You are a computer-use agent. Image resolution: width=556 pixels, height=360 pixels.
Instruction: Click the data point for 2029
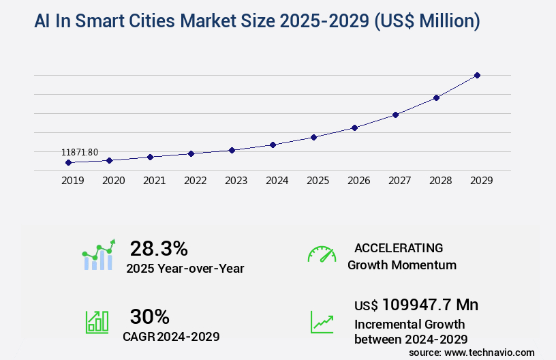(x=477, y=75)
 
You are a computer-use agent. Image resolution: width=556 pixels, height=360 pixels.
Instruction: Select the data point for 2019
(x=68, y=162)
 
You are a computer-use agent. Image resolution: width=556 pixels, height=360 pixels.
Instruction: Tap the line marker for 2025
(x=313, y=137)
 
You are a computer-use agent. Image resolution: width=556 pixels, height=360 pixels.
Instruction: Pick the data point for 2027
(x=395, y=115)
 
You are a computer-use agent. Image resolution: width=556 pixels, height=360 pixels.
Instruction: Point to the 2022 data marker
(x=191, y=153)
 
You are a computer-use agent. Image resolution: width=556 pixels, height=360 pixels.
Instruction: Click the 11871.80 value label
(x=80, y=151)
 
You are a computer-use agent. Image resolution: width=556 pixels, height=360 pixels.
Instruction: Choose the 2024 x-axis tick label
(x=277, y=181)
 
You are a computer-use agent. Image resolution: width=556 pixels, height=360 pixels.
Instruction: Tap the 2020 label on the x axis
(x=113, y=181)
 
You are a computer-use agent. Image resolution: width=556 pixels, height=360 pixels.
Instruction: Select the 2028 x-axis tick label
(x=440, y=181)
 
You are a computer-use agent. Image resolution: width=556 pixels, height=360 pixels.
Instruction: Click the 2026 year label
(x=358, y=181)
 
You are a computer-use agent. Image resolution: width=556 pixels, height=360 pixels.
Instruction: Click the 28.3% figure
(x=159, y=248)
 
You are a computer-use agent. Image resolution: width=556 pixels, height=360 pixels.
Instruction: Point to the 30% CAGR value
(x=149, y=316)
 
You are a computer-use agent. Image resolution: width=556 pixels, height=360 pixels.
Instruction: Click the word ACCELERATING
(x=399, y=247)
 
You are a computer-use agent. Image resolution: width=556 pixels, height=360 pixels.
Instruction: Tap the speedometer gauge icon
(x=322, y=254)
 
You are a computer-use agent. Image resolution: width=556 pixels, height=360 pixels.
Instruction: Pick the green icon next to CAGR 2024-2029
(x=97, y=322)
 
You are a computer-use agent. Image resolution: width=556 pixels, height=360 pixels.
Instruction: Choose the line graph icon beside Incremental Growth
(x=322, y=322)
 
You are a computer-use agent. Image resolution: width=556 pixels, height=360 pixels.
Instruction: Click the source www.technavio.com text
(x=472, y=352)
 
